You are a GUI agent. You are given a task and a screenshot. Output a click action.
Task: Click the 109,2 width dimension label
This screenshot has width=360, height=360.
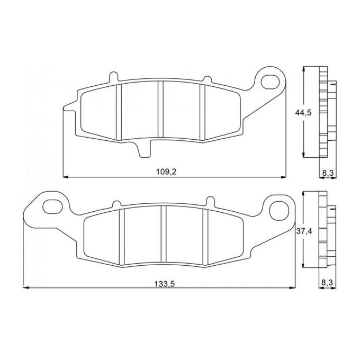click(x=166, y=172)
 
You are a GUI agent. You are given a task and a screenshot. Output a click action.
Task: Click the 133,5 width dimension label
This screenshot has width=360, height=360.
click(x=165, y=284)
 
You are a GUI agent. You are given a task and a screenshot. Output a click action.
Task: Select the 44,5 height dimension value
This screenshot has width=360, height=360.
click(x=303, y=112)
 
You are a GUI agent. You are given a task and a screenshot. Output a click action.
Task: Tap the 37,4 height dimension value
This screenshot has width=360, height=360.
click(x=304, y=231)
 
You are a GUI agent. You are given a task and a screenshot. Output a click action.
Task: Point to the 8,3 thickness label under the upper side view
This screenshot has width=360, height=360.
click(x=328, y=173)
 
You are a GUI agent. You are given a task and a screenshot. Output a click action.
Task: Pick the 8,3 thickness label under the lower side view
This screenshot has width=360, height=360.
click(x=327, y=282)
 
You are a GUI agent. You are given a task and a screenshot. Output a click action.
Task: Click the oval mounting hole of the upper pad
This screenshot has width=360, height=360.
click(x=270, y=82)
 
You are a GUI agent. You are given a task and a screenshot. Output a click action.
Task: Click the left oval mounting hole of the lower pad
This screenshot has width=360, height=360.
click(x=53, y=206)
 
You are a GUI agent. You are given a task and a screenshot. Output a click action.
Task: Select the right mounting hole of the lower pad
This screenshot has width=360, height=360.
click(x=279, y=210)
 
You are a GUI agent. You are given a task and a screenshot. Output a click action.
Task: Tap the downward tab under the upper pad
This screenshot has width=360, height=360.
click(x=144, y=149)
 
